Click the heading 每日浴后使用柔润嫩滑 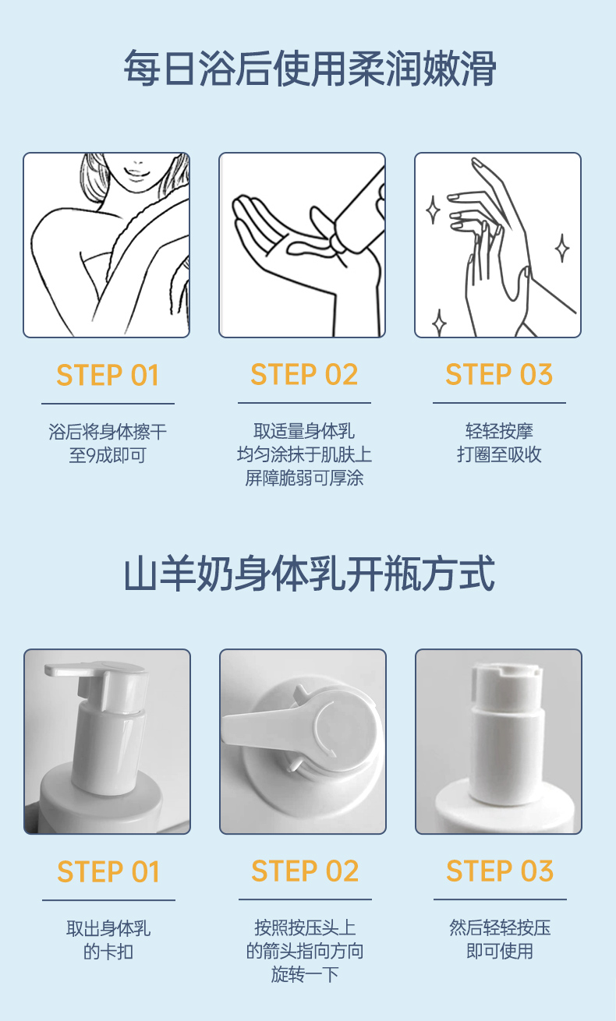[x=310, y=69]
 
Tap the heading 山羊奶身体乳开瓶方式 [x=309, y=574]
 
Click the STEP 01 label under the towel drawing [x=108, y=375]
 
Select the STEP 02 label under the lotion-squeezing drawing [x=304, y=374]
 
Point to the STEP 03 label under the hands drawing [x=499, y=374]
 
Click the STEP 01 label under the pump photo [x=108, y=871]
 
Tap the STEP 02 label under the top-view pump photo [x=305, y=871]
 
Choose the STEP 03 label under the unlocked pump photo [x=500, y=871]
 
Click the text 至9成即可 [x=108, y=455]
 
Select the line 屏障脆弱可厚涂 [x=304, y=478]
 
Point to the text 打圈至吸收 [x=499, y=454]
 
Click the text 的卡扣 [x=108, y=952]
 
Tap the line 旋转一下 [x=305, y=974]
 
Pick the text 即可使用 [x=500, y=952]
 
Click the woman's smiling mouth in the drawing [x=133, y=173]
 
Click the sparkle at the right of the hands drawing [x=562, y=248]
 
